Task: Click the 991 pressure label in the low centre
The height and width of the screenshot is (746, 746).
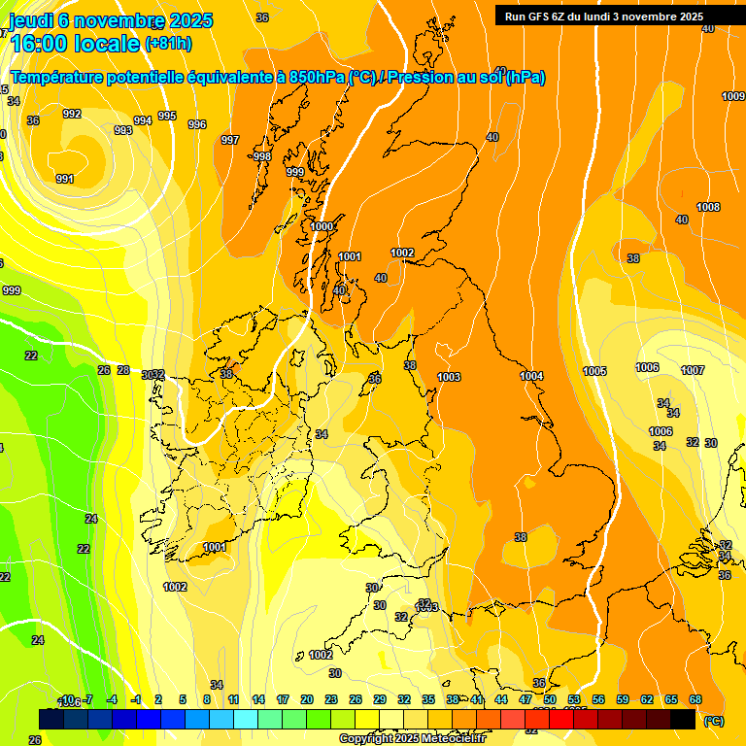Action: click(65, 179)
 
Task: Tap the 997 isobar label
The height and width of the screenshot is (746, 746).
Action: click(230, 141)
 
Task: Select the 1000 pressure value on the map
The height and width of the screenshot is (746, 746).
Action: click(322, 226)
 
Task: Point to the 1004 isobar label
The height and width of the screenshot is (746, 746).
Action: click(531, 376)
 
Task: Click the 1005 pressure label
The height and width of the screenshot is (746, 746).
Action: click(595, 372)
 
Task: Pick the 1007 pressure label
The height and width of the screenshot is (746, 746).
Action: click(693, 370)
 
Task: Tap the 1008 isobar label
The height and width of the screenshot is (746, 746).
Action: click(708, 207)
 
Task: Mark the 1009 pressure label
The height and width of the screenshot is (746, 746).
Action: click(733, 96)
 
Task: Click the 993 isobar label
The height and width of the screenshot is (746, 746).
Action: click(123, 130)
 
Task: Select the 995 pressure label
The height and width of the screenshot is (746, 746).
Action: click(167, 116)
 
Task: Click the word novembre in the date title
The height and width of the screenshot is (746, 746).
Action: click(119, 20)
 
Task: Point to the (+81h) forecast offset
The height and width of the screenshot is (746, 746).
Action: click(168, 44)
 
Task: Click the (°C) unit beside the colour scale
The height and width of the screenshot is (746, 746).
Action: click(713, 721)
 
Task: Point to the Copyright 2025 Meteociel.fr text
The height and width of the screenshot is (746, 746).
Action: click(412, 739)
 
